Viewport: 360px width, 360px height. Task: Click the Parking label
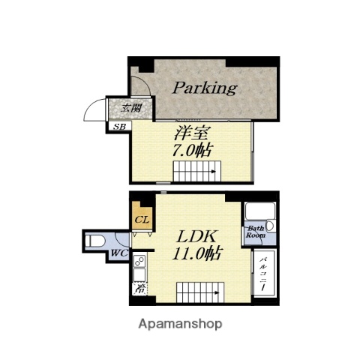[x=204, y=88]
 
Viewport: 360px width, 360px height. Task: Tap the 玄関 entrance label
[x=132, y=108]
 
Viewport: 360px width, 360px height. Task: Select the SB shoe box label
[x=118, y=126]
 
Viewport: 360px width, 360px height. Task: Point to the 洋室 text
[x=193, y=135]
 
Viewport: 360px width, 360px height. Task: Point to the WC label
[x=117, y=253]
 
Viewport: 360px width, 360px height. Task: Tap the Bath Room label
[x=256, y=231]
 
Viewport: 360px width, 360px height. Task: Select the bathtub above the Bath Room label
[x=259, y=211]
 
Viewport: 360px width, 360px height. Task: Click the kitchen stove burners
[x=140, y=262]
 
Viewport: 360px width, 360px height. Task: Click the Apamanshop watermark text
[x=180, y=324]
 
